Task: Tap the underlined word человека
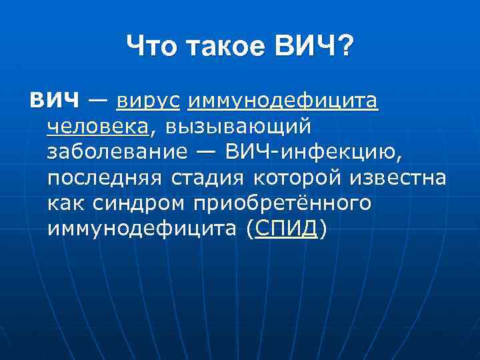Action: (x=97, y=127)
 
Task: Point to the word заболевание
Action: (x=117, y=152)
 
